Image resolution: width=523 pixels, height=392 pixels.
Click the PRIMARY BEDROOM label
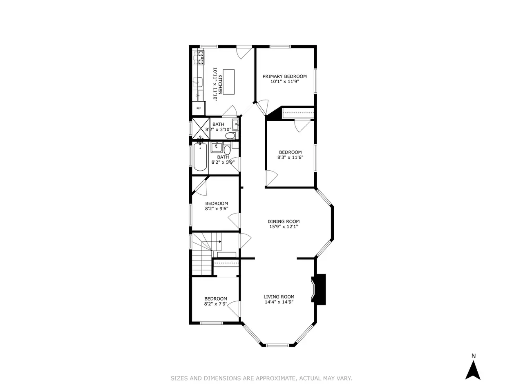coord(284,76)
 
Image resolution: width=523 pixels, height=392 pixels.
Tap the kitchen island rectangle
coord(229,82)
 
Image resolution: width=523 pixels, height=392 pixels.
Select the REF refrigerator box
coord(199,108)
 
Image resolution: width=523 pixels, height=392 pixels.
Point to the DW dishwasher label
coord(197,96)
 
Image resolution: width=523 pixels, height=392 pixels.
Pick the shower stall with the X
coord(201,129)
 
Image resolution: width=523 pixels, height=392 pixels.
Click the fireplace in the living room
coord(318,289)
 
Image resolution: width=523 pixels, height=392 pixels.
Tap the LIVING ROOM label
coord(279,297)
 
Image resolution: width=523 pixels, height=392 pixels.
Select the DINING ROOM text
coord(284,221)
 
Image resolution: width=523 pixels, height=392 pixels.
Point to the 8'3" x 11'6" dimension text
coord(290,157)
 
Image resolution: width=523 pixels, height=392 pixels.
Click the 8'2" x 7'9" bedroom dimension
coord(216,304)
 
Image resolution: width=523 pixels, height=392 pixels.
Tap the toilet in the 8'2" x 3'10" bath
coord(230,136)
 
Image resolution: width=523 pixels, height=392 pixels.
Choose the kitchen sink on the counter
coord(198,82)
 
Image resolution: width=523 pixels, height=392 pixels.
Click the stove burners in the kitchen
coord(199,58)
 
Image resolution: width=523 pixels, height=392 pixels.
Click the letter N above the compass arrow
coord(474,356)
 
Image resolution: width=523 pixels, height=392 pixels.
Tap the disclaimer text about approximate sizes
coord(261,378)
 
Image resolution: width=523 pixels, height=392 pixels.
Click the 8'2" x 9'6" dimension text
coord(217,209)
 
